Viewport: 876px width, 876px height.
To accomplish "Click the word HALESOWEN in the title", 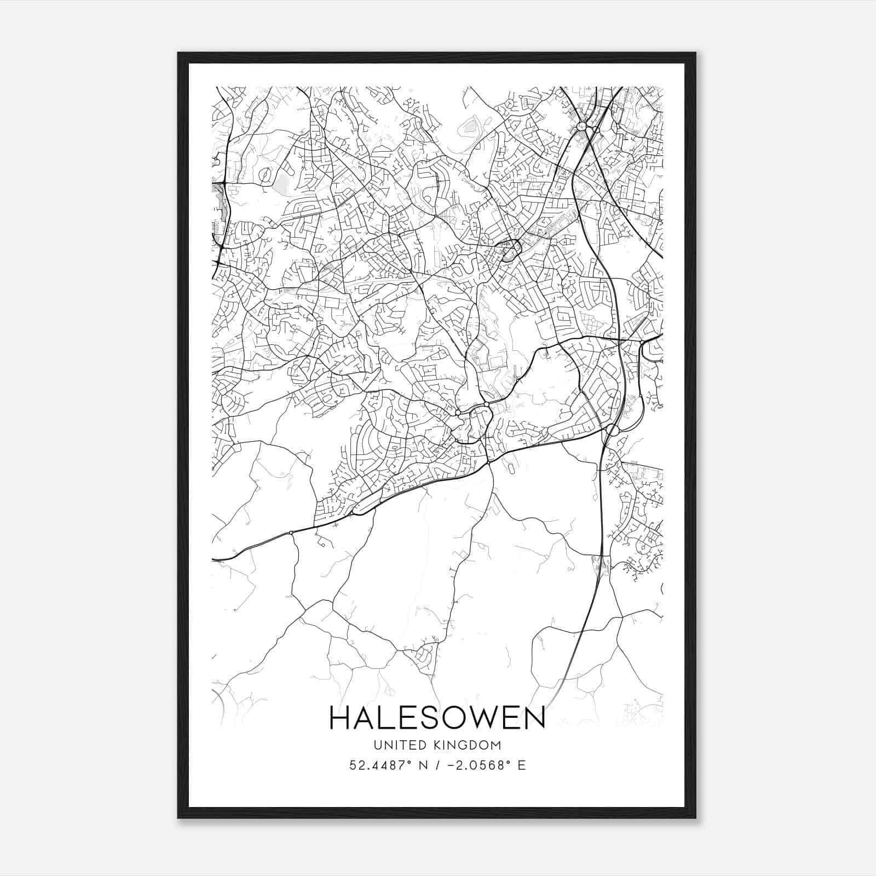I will (x=437, y=718).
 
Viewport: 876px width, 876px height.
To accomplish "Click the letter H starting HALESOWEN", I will (x=341, y=718).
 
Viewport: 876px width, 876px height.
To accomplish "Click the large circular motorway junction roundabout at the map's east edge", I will (x=612, y=430).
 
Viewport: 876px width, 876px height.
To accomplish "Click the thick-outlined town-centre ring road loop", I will (x=510, y=250).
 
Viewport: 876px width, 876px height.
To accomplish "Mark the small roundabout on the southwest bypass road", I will (x=291, y=532).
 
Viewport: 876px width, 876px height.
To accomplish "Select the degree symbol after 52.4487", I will (x=407, y=762).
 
